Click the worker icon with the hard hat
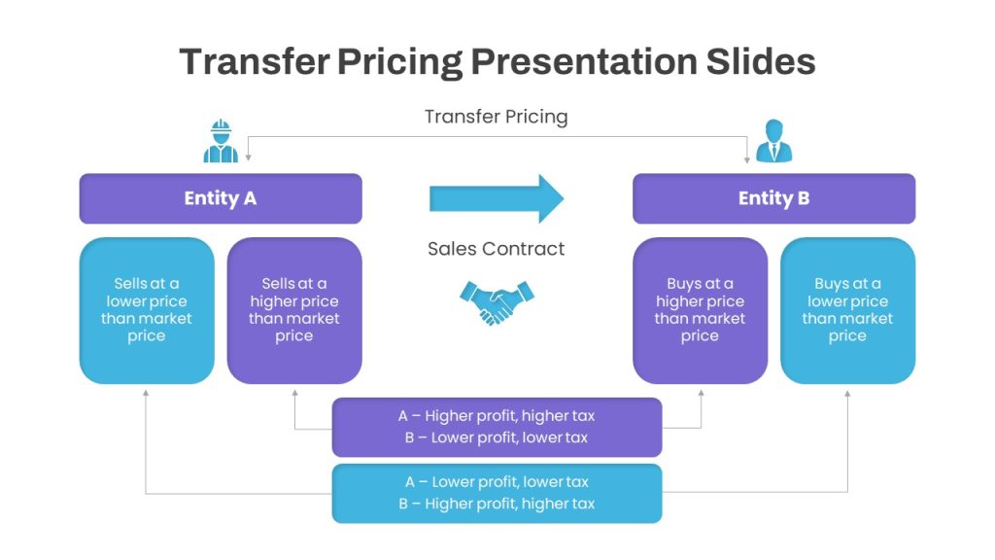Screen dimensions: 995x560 coord(221,141)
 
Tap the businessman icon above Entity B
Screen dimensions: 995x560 coord(774,141)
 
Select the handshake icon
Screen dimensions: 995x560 coord(497,303)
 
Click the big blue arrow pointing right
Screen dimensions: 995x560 coord(497,198)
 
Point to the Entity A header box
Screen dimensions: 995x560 coord(221,198)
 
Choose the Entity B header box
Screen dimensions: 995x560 coord(774,198)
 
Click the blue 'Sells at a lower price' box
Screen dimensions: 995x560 coord(147,310)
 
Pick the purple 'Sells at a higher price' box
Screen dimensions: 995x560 coord(294,310)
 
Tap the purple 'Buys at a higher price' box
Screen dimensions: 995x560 coord(700,310)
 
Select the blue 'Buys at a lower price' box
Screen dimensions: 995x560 coord(847,310)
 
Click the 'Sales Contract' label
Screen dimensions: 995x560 coord(497,248)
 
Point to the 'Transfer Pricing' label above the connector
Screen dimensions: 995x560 coord(497,117)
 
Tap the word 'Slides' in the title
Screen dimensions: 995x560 coord(761,61)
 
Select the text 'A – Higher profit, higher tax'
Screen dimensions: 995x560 coord(497,416)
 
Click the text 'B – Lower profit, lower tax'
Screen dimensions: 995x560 coord(497,437)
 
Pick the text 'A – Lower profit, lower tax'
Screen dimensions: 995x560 coord(497,482)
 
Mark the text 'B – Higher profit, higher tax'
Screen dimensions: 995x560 coord(497,504)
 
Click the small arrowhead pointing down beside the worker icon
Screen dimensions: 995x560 coord(248,157)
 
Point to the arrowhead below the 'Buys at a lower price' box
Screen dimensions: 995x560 coord(847,394)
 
